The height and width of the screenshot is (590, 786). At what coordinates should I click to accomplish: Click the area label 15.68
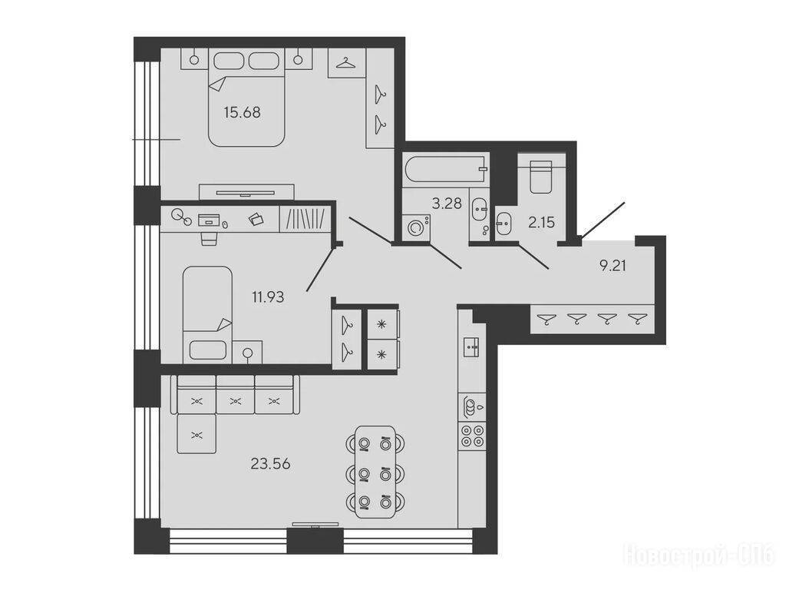pos(242,112)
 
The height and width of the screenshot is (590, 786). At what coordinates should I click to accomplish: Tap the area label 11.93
pos(268,297)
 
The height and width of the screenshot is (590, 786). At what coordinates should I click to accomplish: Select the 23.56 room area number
pos(270,464)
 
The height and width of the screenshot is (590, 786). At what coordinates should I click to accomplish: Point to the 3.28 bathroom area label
pos(447,203)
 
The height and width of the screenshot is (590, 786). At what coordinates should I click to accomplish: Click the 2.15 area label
pos(541,222)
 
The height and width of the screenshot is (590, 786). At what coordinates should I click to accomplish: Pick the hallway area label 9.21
pos(613,265)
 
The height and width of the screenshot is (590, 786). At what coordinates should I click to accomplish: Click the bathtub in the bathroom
pos(446,170)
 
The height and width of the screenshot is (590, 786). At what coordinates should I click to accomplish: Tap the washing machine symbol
pos(415,227)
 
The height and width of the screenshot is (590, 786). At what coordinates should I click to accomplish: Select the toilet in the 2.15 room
pos(540,177)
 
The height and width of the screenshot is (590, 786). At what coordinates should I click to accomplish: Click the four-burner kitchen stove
pos(472,436)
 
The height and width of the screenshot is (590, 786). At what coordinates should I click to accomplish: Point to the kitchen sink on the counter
pos(472,346)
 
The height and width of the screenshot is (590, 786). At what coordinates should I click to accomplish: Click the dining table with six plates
pos(375,472)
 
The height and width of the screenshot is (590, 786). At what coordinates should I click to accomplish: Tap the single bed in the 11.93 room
pos(207,314)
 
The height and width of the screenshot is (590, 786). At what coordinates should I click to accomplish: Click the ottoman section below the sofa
pos(197,434)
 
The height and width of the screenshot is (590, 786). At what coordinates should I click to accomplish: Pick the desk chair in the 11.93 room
pos(209,238)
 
